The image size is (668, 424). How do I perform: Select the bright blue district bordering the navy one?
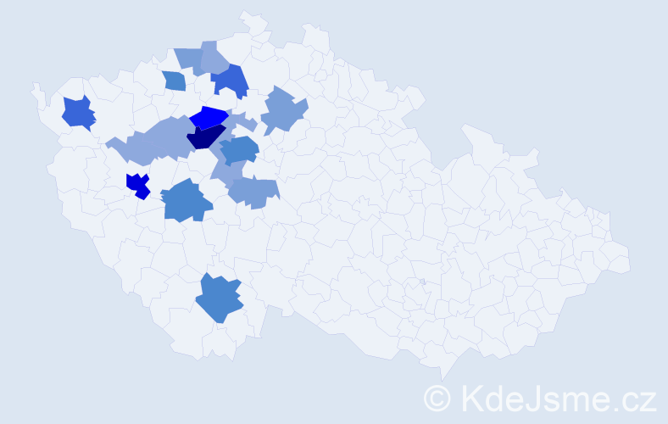click(209, 117)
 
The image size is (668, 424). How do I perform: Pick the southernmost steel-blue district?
click(219, 298)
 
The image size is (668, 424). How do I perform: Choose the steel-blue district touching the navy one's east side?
click(241, 149)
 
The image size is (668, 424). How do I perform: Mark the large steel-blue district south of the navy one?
click(186, 201)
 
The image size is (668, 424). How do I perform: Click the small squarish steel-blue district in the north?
click(174, 81)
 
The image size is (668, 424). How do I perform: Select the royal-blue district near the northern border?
click(230, 80)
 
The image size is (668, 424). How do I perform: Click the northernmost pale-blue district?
click(203, 58)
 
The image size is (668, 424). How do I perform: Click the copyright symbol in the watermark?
click(437, 398)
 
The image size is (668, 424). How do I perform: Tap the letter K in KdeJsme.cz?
click(470, 397)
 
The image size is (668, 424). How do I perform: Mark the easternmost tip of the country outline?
click(630, 263)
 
